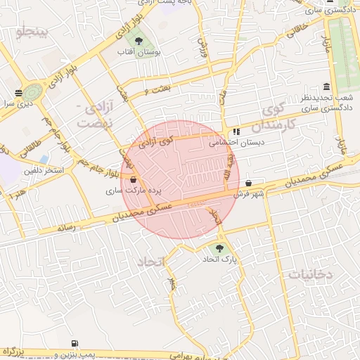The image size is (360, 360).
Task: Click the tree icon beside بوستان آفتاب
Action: [138, 40]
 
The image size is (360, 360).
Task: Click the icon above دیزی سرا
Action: [18, 92]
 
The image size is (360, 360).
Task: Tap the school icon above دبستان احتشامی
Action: [236, 131]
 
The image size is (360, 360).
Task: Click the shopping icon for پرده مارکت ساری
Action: [133, 179]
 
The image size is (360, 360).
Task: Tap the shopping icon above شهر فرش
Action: [248, 184]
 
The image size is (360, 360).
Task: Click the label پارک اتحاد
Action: [219, 260]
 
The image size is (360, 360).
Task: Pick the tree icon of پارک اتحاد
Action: [219, 248]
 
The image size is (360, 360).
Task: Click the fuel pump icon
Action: [75, 343]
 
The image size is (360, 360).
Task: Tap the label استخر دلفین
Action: [44, 170]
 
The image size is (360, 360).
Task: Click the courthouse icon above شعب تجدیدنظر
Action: [326, 85]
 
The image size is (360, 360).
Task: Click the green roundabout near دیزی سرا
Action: [33, 91]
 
